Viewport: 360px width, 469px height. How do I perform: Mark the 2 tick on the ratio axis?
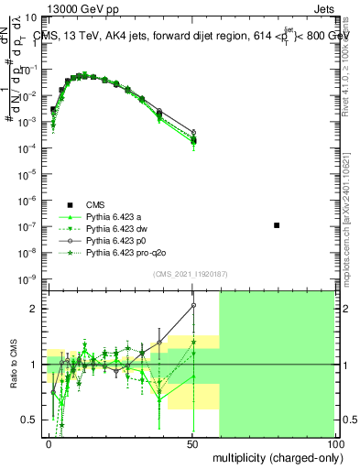tap(38, 309)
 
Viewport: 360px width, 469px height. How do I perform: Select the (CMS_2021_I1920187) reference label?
tap(191, 274)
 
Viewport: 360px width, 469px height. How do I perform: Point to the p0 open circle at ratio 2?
tap(193, 305)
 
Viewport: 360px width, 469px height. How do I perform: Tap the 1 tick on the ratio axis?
tap(38, 365)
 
